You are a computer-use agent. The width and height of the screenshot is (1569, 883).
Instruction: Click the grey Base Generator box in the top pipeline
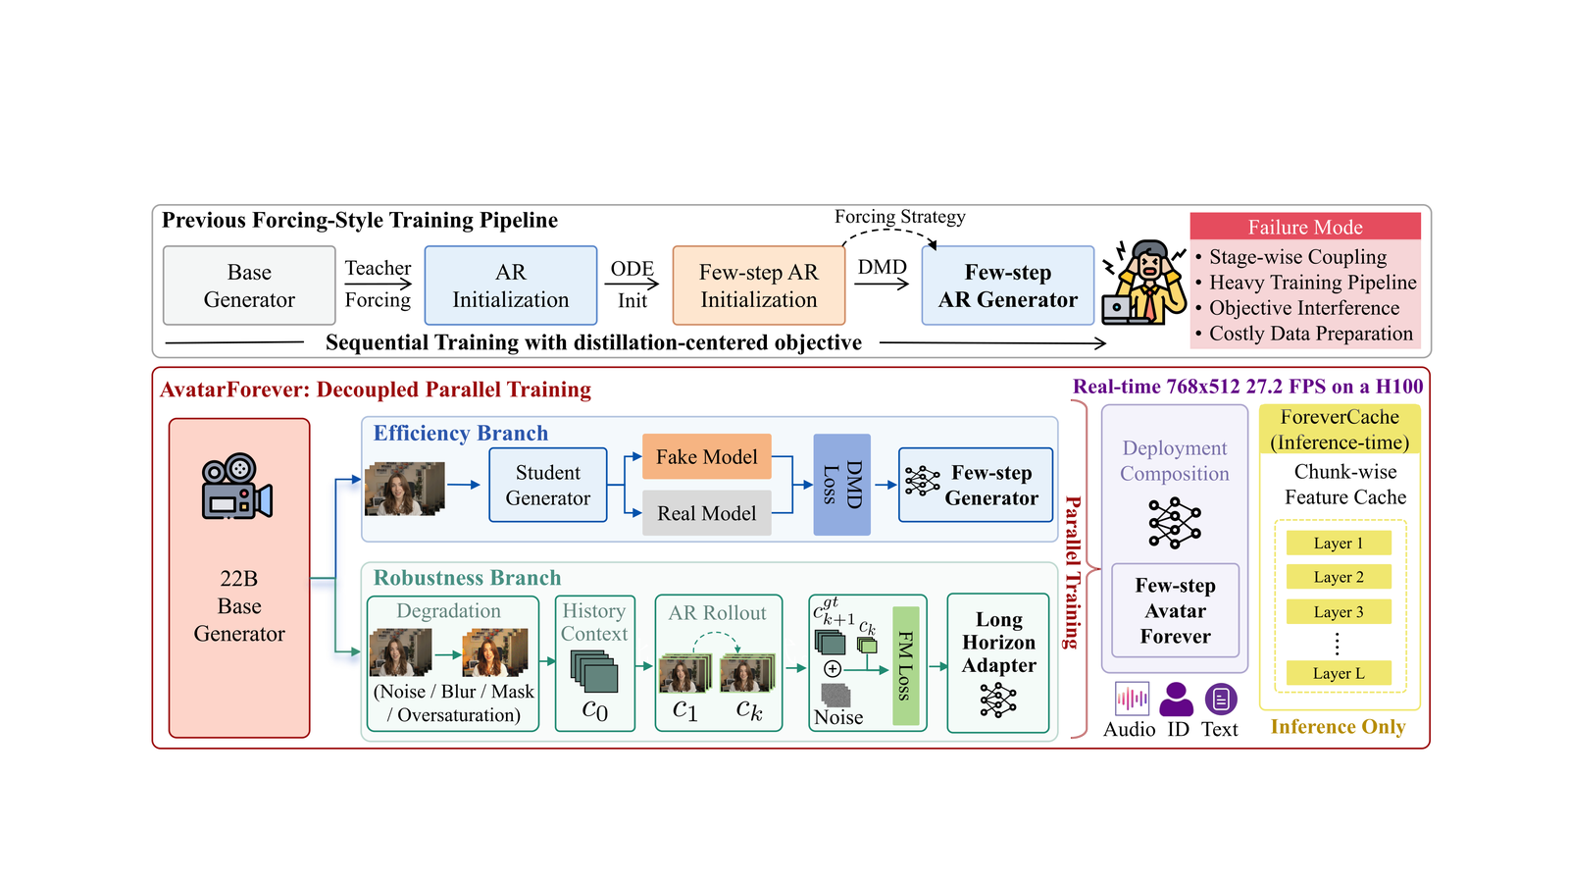pyautogui.click(x=249, y=286)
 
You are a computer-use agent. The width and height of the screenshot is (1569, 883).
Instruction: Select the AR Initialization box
pyautogui.click(x=511, y=286)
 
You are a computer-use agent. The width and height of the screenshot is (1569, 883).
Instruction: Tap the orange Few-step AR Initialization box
pyautogui.click(x=759, y=286)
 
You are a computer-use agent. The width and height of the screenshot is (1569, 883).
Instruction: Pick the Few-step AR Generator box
pyautogui.click(x=1008, y=286)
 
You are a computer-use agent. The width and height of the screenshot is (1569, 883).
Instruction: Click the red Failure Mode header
pyautogui.click(x=1305, y=227)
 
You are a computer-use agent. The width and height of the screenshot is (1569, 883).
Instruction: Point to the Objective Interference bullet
pyautogui.click(x=1298, y=308)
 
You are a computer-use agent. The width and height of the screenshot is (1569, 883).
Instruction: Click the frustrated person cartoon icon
pyautogui.click(x=1143, y=283)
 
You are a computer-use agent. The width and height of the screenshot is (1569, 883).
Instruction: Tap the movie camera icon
pyautogui.click(x=236, y=486)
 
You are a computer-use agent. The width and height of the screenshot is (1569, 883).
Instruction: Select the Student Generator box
pyautogui.click(x=548, y=485)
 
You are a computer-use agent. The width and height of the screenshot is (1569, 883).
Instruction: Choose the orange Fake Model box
pyautogui.click(x=707, y=457)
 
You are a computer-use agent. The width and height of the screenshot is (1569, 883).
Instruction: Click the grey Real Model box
pyautogui.click(x=707, y=513)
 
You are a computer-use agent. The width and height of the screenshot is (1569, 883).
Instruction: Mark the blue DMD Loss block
pyautogui.click(x=842, y=485)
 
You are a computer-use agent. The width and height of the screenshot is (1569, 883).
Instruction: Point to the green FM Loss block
pyautogui.click(x=906, y=666)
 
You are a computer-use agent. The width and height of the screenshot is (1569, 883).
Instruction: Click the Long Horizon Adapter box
pyautogui.click(x=998, y=663)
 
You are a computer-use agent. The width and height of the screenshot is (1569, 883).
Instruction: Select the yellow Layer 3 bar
pyautogui.click(x=1339, y=612)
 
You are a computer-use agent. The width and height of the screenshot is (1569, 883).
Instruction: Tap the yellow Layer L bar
pyautogui.click(x=1339, y=673)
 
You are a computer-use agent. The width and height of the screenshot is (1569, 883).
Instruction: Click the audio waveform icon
pyautogui.click(x=1132, y=699)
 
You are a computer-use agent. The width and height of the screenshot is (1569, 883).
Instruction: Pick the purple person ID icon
pyautogui.click(x=1177, y=699)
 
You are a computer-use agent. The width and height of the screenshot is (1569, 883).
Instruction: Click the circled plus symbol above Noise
pyautogui.click(x=833, y=669)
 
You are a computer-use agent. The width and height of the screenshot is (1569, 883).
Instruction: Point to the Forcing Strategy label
pyautogui.click(x=900, y=217)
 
